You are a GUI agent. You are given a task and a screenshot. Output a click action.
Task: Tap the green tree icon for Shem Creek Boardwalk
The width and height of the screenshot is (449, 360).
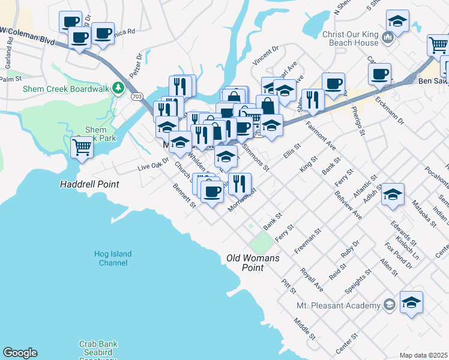pyautogui.click(x=119, y=89)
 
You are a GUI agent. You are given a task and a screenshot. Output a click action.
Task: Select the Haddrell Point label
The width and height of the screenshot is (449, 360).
pyautogui.click(x=89, y=184)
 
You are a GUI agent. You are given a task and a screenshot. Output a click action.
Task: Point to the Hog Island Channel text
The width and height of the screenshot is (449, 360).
pyautogui.click(x=112, y=259)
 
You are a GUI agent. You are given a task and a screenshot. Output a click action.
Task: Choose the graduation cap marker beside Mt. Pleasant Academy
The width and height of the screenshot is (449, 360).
pyautogui.click(x=411, y=303)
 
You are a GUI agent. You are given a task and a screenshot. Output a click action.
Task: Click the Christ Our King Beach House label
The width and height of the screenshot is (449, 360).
pyautogui.click(x=351, y=39)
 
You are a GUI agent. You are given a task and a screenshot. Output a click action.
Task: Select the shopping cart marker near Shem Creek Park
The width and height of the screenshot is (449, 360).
pyautogui.click(x=82, y=146)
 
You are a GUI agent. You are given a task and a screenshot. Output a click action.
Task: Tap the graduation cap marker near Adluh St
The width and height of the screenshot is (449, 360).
pyautogui.click(x=393, y=194)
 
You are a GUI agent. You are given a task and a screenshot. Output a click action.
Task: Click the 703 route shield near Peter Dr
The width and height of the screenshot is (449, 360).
pyautogui.click(x=137, y=95)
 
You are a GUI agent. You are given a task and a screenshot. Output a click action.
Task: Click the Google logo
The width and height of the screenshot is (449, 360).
pyautogui.click(x=20, y=353)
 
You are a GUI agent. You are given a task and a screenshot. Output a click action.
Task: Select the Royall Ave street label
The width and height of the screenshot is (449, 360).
pyautogui.click(x=312, y=280)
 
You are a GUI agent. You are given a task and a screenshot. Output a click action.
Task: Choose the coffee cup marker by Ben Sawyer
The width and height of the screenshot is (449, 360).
pyautogui.click(x=379, y=74)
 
